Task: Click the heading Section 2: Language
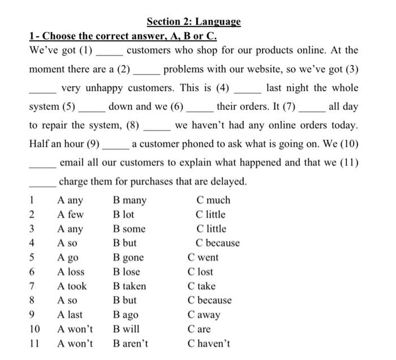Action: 193,22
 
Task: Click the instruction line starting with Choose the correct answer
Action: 123,36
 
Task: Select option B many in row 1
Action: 130,200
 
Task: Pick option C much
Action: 213,200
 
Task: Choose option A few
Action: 70,215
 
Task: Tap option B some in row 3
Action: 129,229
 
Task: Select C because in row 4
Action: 218,243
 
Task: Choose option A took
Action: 72,286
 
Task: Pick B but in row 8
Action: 124,301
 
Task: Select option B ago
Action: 126,315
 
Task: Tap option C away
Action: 204,315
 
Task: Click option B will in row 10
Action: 126,329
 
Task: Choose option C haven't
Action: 209,344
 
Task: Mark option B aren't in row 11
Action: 131,344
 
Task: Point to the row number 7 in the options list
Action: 32,286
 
